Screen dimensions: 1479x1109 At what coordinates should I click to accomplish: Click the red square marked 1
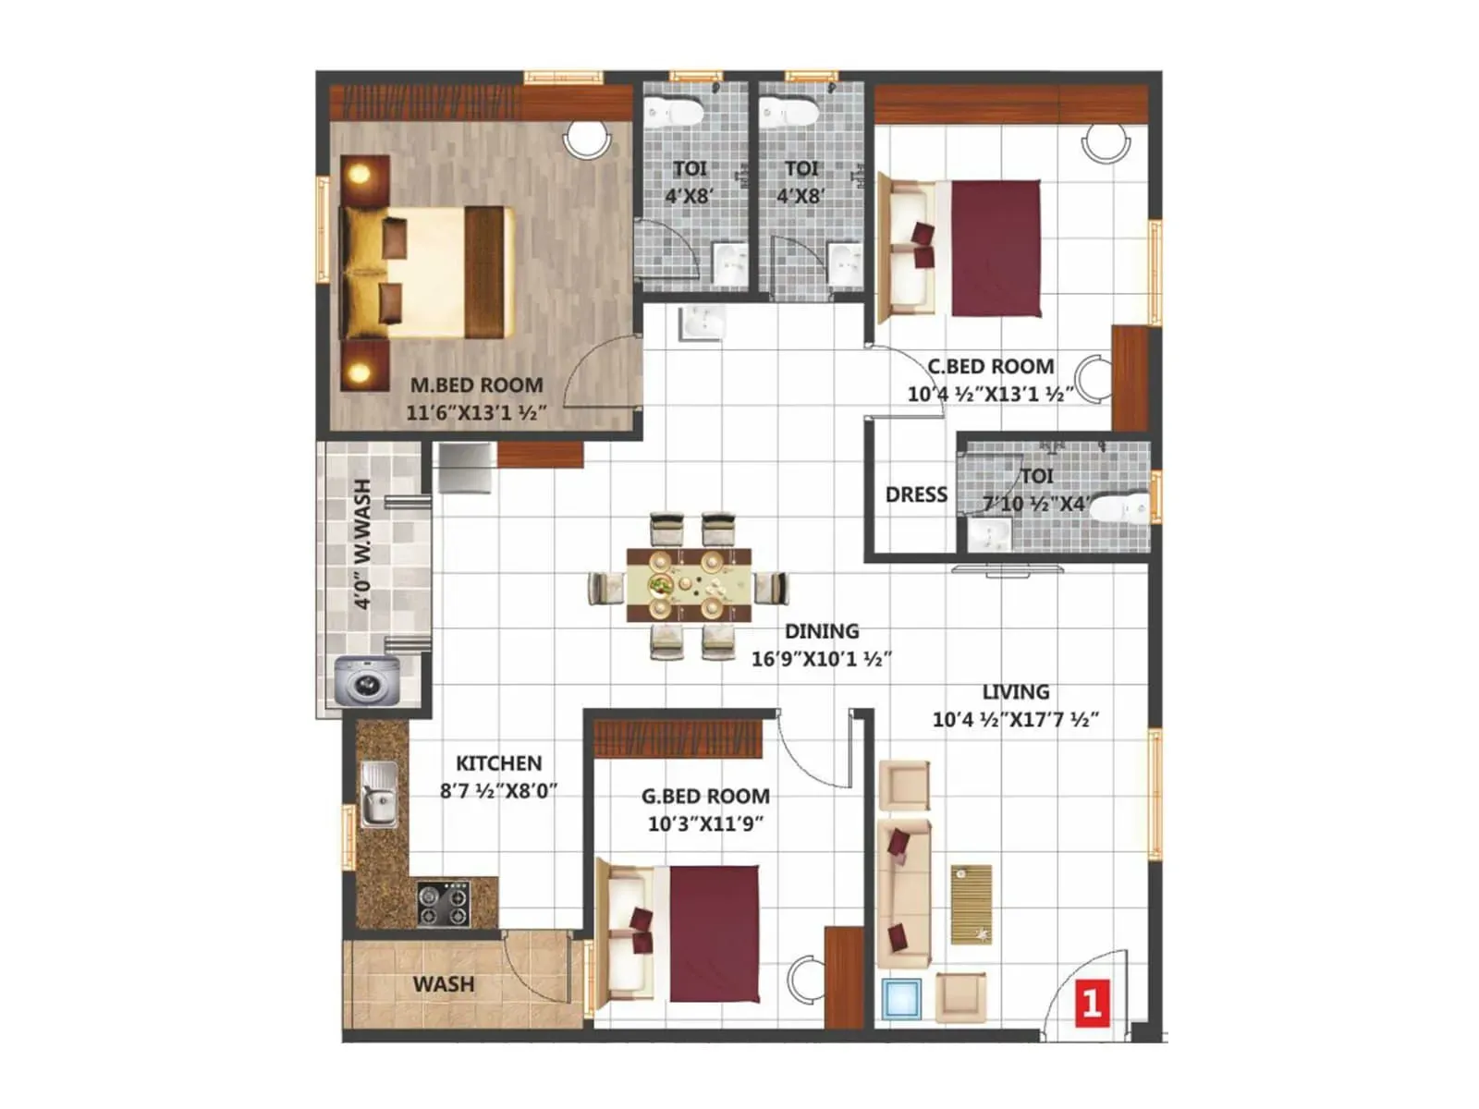click(1091, 1005)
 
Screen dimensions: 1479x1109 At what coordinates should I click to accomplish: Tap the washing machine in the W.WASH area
click(368, 680)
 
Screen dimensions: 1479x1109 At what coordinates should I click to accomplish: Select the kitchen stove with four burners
click(443, 904)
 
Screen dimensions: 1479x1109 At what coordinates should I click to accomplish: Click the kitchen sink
click(379, 795)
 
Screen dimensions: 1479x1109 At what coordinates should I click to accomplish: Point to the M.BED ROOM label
click(476, 385)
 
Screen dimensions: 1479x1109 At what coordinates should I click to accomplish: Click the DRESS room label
click(916, 495)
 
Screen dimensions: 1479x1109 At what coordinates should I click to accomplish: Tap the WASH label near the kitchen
click(444, 983)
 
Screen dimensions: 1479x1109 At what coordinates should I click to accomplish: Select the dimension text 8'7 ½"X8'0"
click(498, 790)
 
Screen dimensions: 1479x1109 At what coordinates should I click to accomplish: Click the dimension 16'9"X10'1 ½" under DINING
click(822, 659)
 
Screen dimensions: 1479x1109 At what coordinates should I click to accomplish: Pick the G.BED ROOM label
click(704, 796)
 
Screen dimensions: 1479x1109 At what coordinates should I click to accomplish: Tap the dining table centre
click(688, 585)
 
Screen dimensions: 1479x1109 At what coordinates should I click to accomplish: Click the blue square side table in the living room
click(901, 999)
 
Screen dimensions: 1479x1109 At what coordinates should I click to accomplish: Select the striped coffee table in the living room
click(971, 905)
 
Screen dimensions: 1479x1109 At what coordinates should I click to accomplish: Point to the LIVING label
click(1015, 691)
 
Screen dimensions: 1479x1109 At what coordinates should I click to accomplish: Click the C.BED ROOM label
click(991, 366)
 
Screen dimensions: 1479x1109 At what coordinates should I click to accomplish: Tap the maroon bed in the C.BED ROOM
click(996, 248)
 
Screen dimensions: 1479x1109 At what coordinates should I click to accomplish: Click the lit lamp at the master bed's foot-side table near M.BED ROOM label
click(360, 370)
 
